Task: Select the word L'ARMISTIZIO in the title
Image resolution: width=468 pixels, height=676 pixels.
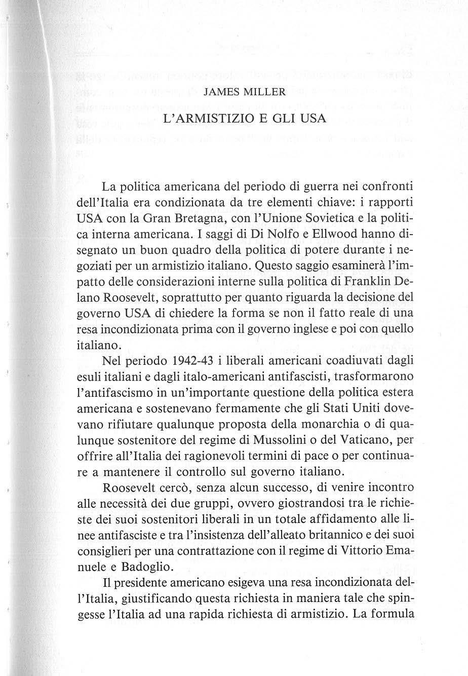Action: (x=201, y=121)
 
